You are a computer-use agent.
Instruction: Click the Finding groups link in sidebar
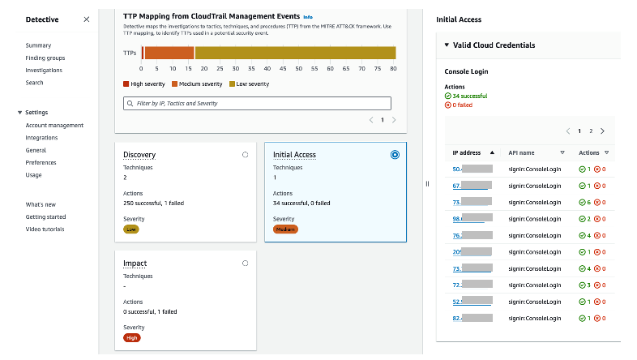coord(45,58)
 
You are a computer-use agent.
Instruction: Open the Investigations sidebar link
coord(44,71)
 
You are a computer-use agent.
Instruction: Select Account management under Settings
coord(54,125)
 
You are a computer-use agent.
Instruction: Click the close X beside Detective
coord(87,19)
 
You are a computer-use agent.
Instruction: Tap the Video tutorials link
coord(45,229)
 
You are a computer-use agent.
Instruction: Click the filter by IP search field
coord(257,103)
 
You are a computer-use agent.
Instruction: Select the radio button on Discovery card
coord(245,154)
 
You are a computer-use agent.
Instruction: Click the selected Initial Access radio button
coord(395,154)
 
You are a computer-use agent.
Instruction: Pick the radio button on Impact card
coord(245,263)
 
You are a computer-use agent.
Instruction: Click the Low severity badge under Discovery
coord(131,229)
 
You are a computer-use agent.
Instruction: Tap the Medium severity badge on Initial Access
coord(285,229)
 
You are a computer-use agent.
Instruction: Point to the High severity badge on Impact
coord(132,337)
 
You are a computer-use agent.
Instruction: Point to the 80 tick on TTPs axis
coord(393,68)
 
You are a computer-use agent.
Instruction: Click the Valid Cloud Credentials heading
coord(494,45)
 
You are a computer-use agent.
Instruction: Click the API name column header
coord(522,152)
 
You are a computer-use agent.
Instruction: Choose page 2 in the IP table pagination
coord(591,131)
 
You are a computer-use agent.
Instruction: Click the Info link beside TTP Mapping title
coord(307,16)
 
